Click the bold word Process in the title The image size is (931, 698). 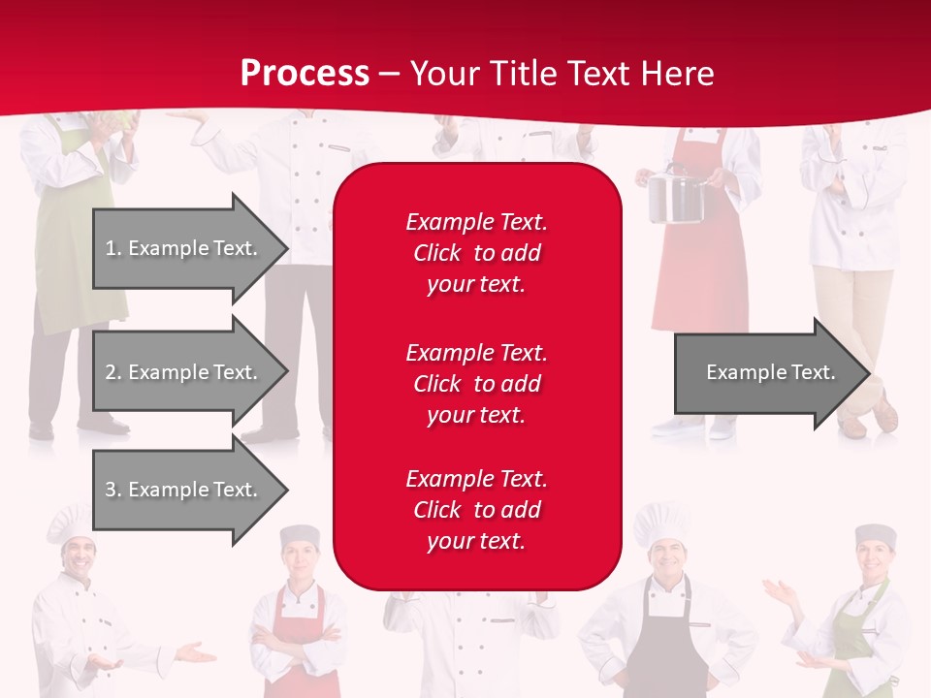(x=305, y=73)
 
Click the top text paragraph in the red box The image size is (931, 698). (x=476, y=253)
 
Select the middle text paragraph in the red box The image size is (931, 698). (x=476, y=384)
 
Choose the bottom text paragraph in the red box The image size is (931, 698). (x=476, y=510)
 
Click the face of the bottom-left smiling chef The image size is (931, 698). (x=77, y=556)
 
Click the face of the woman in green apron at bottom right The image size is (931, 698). (x=876, y=559)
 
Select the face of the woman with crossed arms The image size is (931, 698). (x=300, y=560)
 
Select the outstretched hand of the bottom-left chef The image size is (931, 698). (x=195, y=653)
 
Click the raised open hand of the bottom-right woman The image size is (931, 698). (x=776, y=589)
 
